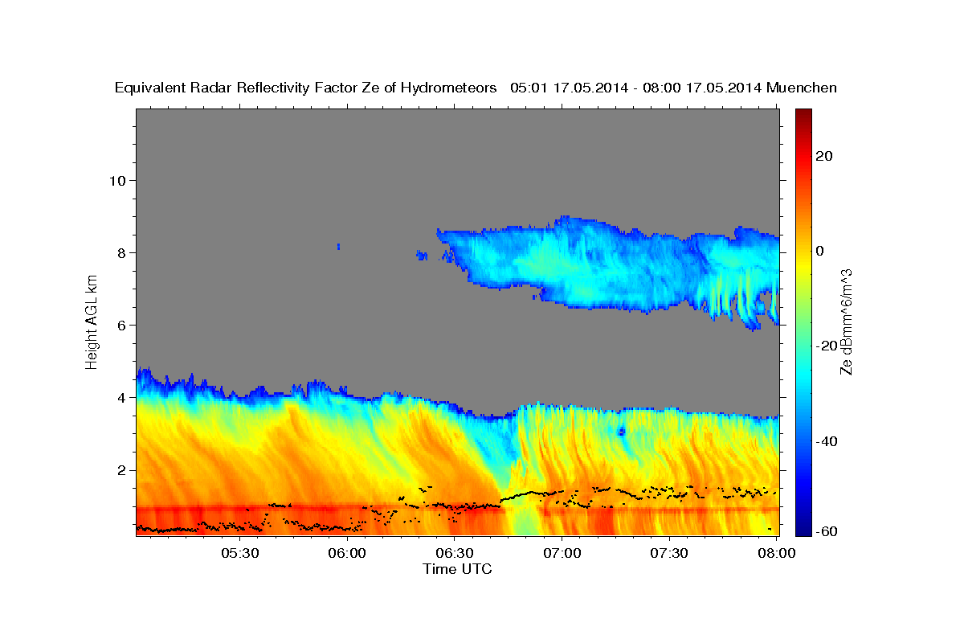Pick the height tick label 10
click(x=116, y=180)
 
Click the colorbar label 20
click(x=825, y=156)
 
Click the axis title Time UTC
click(x=457, y=569)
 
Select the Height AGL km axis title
click(x=92, y=321)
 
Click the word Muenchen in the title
click(x=802, y=88)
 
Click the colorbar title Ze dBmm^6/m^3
click(x=846, y=321)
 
